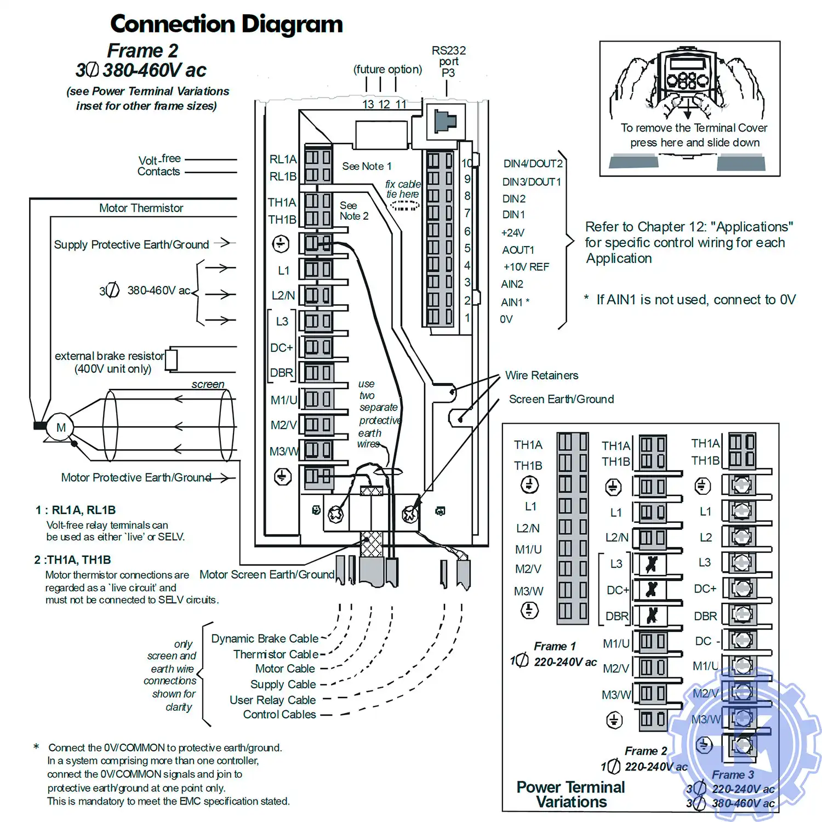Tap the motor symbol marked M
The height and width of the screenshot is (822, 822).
(60, 427)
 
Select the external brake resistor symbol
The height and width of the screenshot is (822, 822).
(171, 359)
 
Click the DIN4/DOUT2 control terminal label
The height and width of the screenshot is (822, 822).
(533, 164)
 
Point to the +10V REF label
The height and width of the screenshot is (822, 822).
(526, 267)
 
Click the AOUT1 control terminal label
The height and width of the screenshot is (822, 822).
(518, 250)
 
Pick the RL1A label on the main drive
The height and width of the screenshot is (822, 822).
(283, 159)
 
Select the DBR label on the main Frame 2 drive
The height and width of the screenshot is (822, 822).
(282, 373)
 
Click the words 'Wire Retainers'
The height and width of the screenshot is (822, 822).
(541, 375)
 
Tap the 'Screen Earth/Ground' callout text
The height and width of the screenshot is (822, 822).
(561, 399)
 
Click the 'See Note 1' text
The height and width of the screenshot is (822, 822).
(367, 166)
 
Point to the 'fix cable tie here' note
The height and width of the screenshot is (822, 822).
(403, 189)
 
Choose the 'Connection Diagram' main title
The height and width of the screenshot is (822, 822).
(226, 24)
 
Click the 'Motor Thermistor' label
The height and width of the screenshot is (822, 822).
(141, 208)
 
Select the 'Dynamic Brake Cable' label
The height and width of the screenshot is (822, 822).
(265, 638)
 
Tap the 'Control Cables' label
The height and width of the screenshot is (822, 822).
(279, 715)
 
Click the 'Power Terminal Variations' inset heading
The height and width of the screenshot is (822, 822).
(570, 795)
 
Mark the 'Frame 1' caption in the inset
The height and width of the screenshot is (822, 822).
(555, 647)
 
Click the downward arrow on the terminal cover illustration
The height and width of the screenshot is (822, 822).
(687, 113)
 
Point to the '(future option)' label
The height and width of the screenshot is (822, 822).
(387, 70)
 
